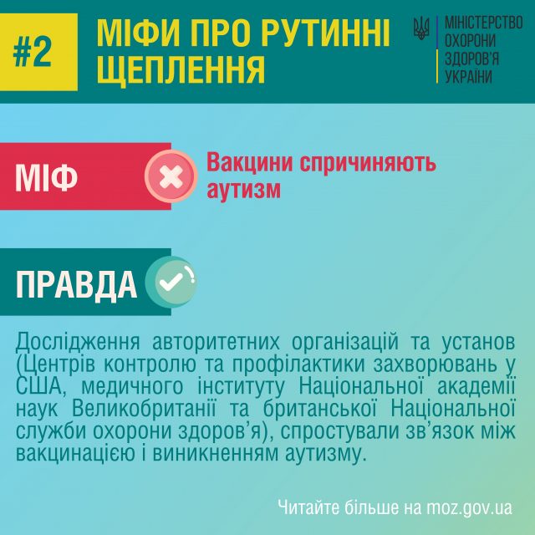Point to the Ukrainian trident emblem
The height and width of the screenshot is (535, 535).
(x=421, y=28)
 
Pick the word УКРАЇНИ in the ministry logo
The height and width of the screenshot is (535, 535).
(x=469, y=76)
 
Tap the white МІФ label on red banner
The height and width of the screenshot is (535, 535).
(x=47, y=176)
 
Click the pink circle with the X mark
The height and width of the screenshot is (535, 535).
(x=171, y=176)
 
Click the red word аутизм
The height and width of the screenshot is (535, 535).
(x=243, y=190)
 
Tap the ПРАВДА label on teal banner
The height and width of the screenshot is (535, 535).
(x=77, y=285)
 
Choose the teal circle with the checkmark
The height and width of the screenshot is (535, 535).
(x=171, y=283)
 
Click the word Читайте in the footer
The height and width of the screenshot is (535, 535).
(x=307, y=507)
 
